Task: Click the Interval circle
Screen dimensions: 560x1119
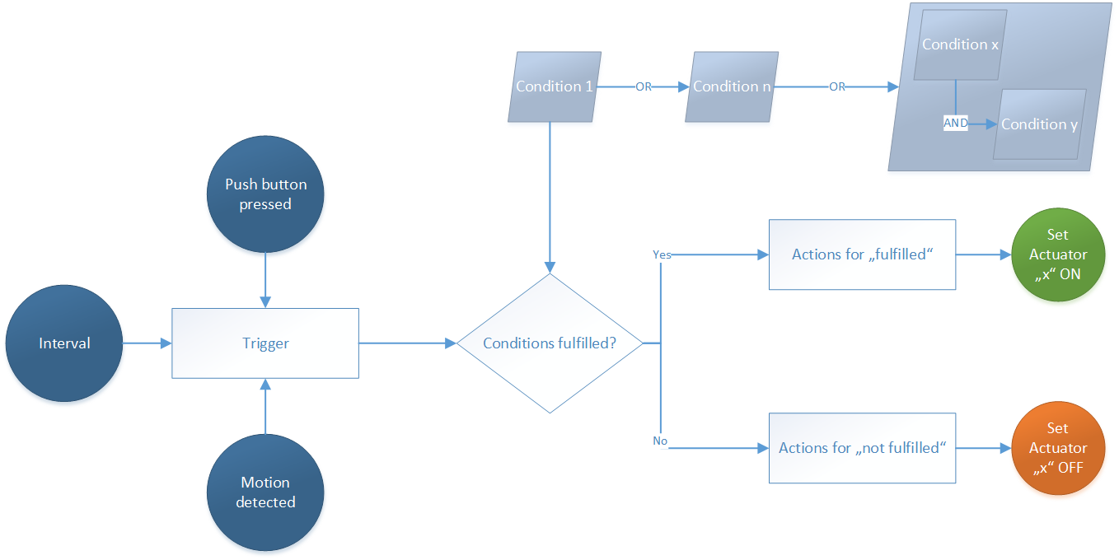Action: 64,343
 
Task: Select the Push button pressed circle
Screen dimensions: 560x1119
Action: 265,194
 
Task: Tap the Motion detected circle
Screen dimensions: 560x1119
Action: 265,492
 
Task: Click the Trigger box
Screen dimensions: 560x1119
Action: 265,343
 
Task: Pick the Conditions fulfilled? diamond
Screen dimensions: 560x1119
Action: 550,343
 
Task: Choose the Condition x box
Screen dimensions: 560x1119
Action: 960,44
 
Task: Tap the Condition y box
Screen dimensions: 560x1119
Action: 1039,124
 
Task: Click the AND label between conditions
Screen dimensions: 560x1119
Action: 956,124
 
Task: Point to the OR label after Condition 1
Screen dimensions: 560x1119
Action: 644,86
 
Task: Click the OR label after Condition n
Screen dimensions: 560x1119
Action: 837,86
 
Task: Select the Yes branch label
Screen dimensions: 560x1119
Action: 662,254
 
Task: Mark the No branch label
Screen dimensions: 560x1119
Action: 660,441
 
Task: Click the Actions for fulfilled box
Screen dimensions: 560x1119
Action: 862,254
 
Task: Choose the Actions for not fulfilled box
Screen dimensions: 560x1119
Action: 862,448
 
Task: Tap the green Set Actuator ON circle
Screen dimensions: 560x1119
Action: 1058,254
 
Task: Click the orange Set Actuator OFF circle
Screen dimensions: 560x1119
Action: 1058,448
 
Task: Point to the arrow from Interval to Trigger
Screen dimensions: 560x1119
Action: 147,343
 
